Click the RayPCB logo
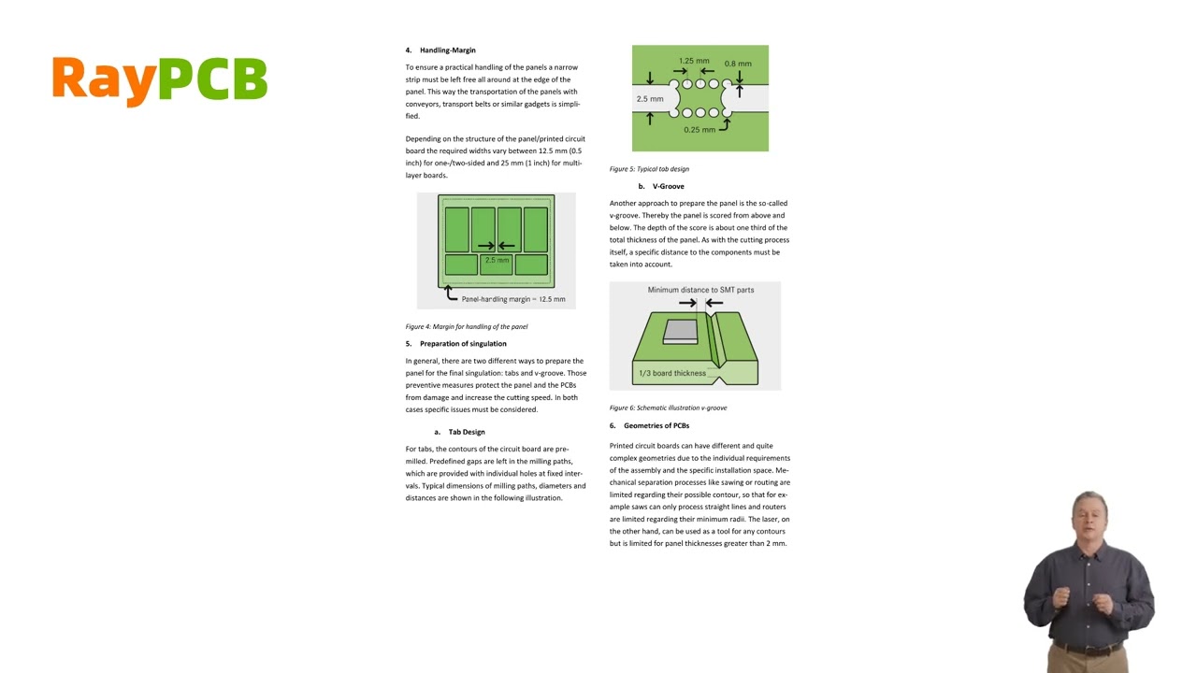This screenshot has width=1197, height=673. (x=159, y=79)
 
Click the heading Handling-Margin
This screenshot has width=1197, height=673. (x=447, y=50)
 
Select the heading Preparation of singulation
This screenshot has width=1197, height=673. (x=463, y=344)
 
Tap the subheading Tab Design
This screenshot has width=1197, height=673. (x=466, y=432)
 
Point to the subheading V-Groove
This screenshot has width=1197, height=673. (x=668, y=186)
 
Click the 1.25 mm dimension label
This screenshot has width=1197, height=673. (x=694, y=61)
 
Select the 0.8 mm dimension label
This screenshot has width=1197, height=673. (x=738, y=64)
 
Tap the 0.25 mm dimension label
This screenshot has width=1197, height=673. (x=699, y=130)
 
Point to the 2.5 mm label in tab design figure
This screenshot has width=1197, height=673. (x=649, y=99)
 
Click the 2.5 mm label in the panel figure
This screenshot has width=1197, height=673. (x=497, y=260)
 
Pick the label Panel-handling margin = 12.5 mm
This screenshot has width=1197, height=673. (x=513, y=299)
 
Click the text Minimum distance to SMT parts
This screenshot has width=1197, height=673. (x=700, y=290)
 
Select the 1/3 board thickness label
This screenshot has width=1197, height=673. (x=671, y=374)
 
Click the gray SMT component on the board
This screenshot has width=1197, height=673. (x=681, y=332)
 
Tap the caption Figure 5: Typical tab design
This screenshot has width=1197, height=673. (x=649, y=169)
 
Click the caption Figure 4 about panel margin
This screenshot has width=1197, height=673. (x=467, y=327)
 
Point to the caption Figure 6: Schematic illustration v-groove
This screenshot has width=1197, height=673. (x=668, y=408)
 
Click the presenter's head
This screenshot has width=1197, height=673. (x=1089, y=514)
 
